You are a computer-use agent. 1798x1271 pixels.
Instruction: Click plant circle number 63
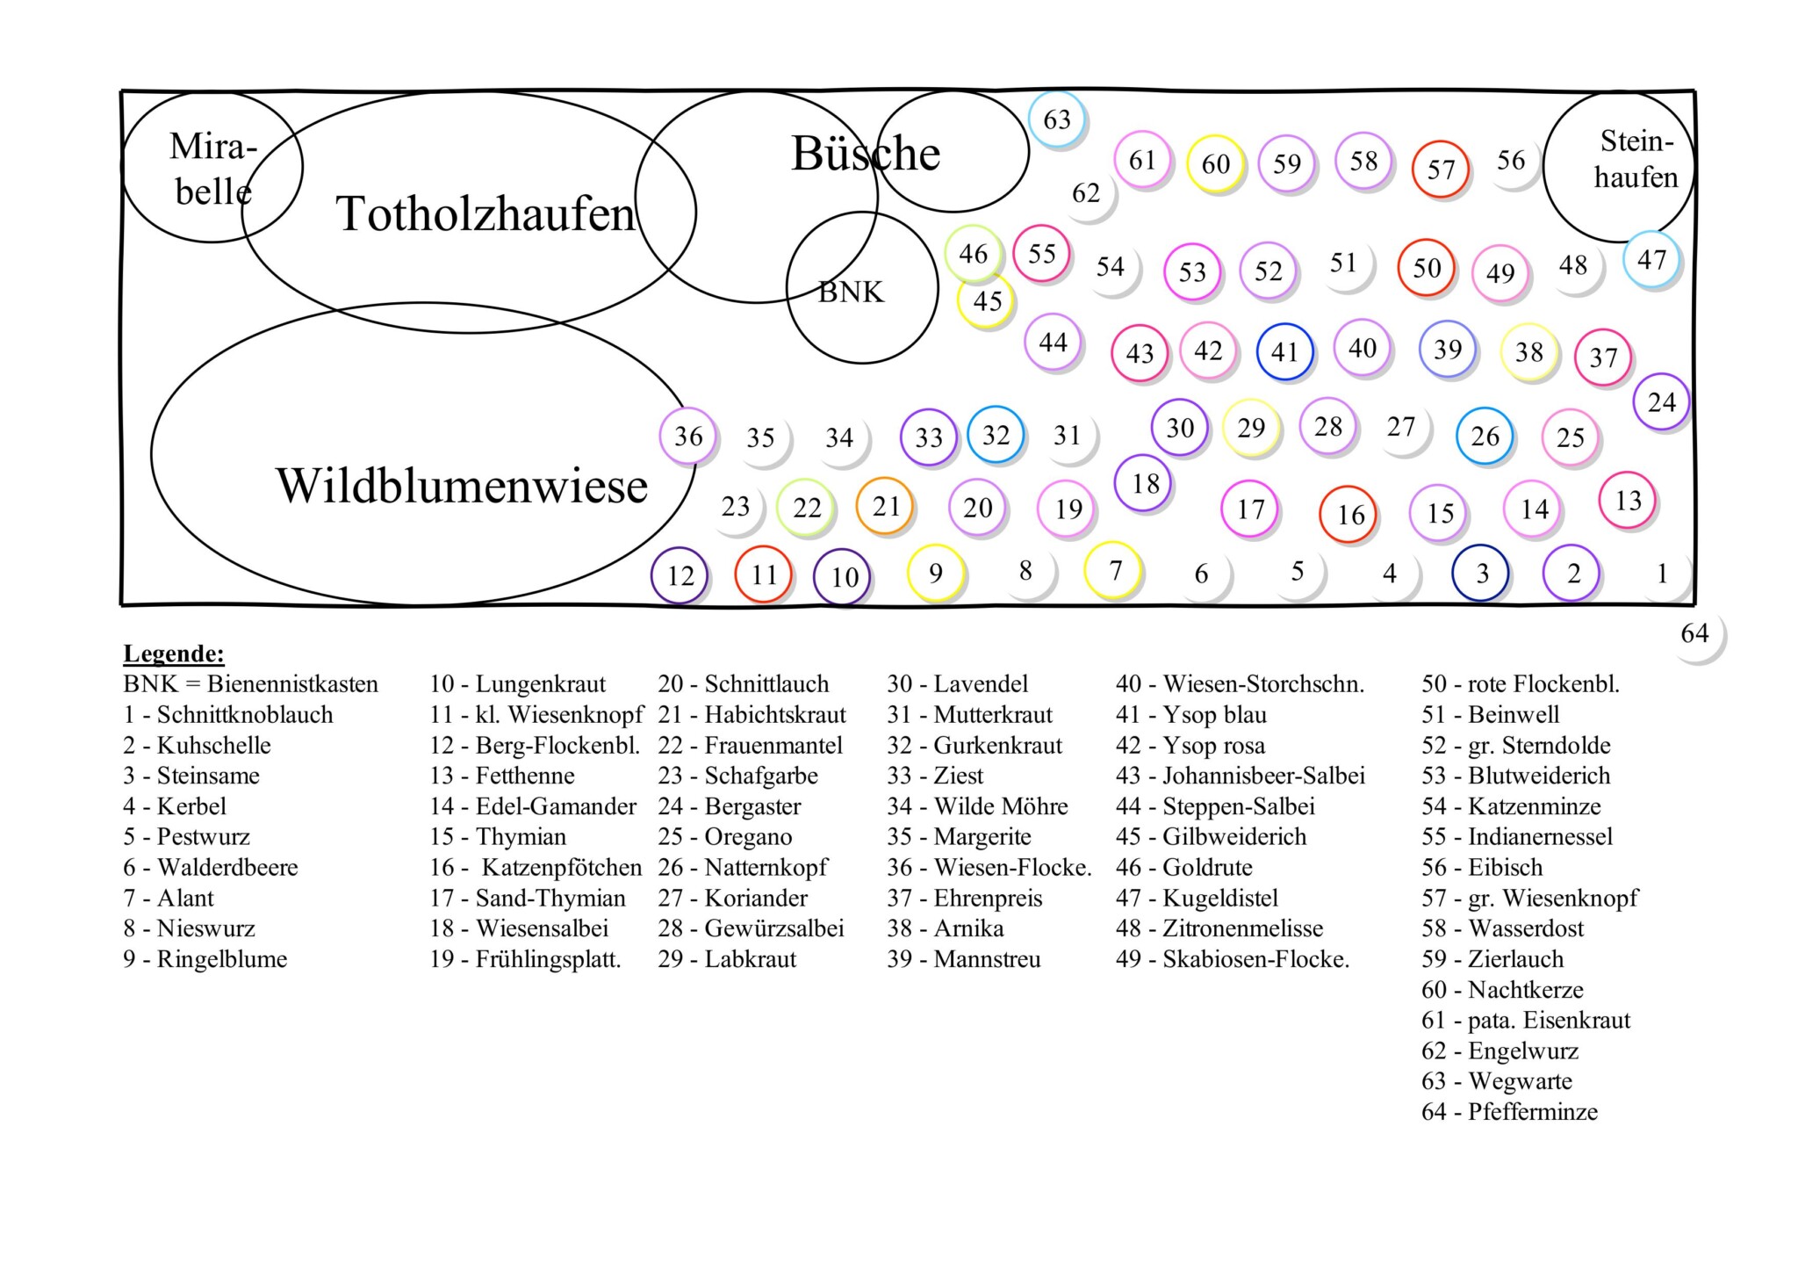(1057, 119)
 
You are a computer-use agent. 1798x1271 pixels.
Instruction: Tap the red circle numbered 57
(1440, 169)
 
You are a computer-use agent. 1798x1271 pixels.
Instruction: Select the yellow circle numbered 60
(1215, 163)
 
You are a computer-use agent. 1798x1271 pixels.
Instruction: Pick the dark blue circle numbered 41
(1284, 352)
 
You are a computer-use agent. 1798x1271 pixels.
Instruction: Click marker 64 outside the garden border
(1694, 633)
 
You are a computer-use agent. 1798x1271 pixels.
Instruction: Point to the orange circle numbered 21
(885, 506)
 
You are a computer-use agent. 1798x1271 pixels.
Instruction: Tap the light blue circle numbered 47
(1651, 260)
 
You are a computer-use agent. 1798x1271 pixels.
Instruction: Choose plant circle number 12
(680, 576)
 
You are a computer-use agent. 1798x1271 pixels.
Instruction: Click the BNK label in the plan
(851, 292)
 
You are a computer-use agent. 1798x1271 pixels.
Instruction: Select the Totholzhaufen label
(485, 213)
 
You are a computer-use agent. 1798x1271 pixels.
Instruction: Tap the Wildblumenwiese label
(462, 486)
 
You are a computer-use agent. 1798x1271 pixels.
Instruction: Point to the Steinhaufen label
(1635, 159)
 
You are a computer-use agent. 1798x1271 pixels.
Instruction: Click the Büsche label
(866, 154)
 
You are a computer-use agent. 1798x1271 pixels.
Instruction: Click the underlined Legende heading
(173, 654)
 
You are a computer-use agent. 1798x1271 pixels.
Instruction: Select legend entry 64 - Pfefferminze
(1509, 1112)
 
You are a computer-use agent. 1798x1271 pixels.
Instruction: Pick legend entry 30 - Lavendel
(957, 684)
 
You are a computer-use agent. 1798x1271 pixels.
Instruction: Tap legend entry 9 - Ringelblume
(205, 959)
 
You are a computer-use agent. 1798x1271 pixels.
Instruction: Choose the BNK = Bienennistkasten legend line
(250, 684)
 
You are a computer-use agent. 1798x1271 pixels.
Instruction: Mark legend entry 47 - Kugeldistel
(1197, 899)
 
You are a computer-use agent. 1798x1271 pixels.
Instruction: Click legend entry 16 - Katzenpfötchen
(536, 868)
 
